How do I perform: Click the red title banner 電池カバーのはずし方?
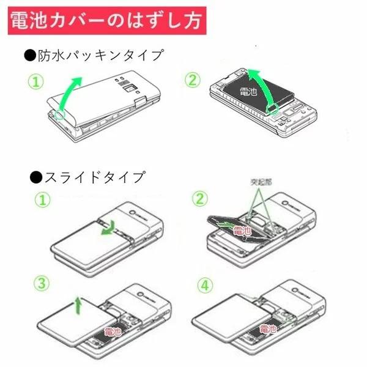coord(106,21)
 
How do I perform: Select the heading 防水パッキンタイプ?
coord(95,56)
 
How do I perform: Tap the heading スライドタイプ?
coord(87,178)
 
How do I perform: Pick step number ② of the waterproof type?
coord(194,80)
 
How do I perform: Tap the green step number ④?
coord(205,286)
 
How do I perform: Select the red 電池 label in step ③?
coord(113,331)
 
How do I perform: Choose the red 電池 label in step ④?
coord(267,330)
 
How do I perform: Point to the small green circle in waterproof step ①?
coord(59,114)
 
